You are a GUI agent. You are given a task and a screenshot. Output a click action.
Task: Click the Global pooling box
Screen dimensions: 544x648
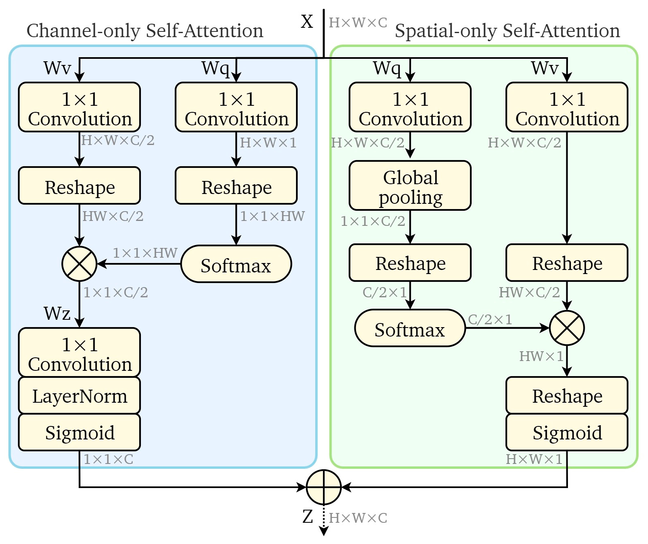tap(410, 186)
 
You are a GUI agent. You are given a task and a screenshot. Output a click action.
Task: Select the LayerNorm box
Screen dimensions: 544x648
tap(79, 396)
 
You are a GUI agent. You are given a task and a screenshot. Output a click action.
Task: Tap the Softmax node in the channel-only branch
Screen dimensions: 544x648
tap(236, 264)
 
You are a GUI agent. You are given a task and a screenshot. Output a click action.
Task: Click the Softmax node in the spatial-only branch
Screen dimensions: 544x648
tap(410, 328)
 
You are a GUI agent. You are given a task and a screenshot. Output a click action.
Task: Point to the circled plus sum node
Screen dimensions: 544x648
tap(323, 487)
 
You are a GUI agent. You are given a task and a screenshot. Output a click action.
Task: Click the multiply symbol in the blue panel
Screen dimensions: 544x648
tap(79, 264)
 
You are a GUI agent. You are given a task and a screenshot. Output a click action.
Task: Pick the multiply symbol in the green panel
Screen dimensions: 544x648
tap(567, 328)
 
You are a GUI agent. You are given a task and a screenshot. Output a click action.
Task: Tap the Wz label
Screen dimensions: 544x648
tap(57, 314)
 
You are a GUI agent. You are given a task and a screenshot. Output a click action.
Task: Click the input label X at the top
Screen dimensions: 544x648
tap(307, 22)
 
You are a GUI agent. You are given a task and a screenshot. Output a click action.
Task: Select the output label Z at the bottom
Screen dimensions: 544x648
tap(307, 517)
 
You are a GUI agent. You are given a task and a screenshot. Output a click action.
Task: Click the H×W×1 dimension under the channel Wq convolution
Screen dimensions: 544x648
tap(268, 143)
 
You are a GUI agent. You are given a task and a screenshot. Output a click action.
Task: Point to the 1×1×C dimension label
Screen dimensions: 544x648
tap(108, 459)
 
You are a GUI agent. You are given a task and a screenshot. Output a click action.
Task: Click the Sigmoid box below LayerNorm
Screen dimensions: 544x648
tap(79, 433)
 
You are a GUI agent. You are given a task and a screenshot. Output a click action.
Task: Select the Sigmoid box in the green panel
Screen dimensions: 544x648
tap(567, 433)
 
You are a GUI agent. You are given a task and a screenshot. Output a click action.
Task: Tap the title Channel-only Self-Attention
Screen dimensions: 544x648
tap(145, 31)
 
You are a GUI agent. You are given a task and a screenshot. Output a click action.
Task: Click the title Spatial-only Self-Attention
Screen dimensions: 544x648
tap(507, 31)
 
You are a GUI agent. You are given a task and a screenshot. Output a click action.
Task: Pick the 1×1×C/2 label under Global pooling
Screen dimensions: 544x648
tap(373, 221)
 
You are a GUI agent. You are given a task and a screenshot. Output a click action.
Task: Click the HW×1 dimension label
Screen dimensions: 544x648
tap(541, 356)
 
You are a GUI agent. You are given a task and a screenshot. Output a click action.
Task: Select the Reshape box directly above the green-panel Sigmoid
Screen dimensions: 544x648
tap(567, 395)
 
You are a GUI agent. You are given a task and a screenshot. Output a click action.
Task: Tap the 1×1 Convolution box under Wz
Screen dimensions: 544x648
tap(79, 352)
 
